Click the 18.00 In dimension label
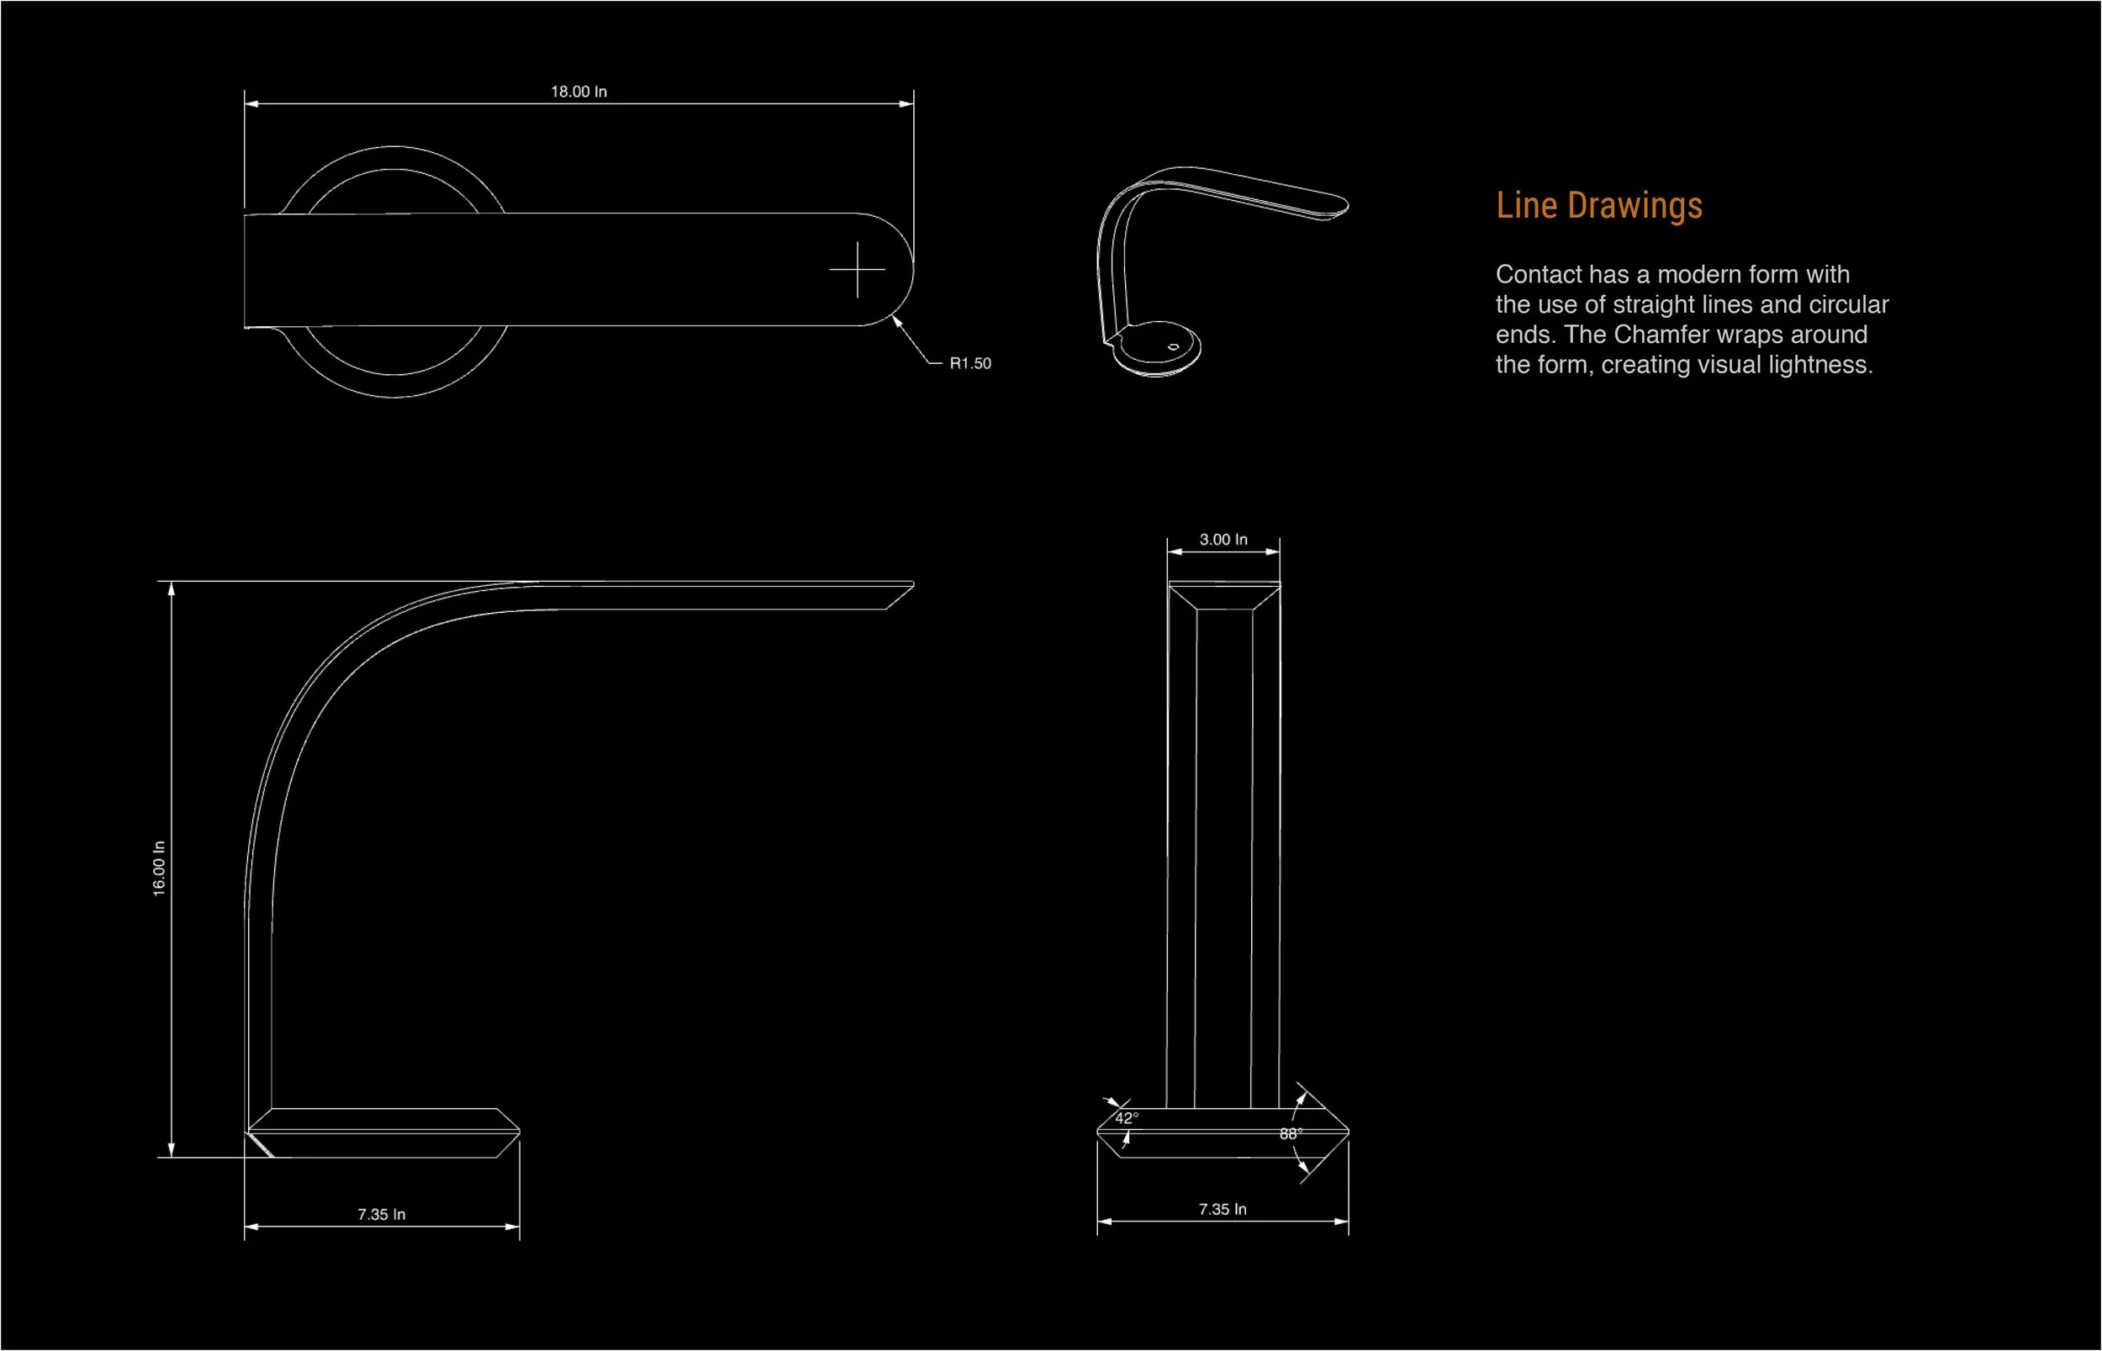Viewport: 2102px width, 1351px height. (x=578, y=92)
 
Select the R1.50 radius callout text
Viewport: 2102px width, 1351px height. (x=969, y=363)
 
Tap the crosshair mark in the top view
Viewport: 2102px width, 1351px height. (x=857, y=269)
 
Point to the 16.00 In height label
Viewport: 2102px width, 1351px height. (x=159, y=868)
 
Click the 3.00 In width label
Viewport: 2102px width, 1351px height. (x=1223, y=540)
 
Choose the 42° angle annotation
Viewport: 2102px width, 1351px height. (x=1127, y=1117)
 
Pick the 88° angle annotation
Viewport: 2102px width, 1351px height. (x=1291, y=1133)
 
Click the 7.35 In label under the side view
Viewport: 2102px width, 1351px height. (x=381, y=1214)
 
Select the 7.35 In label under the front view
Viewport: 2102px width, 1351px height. (x=1222, y=1209)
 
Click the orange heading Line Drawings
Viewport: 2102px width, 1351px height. (x=1598, y=205)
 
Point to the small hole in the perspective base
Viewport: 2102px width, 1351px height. (x=1173, y=346)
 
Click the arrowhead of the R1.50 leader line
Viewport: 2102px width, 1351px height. (x=896, y=321)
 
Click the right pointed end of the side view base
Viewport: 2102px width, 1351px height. (x=519, y=1132)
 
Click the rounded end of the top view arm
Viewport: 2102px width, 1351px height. (x=912, y=269)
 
